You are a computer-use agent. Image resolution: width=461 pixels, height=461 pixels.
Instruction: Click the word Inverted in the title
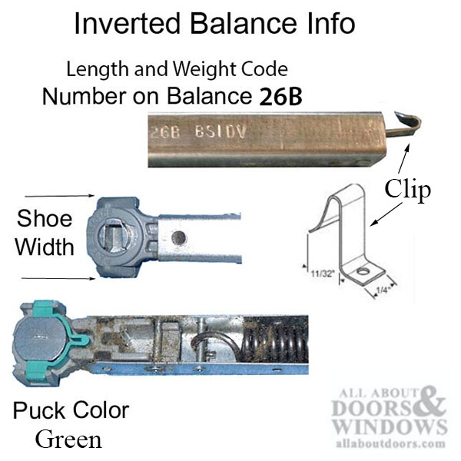[x=128, y=24]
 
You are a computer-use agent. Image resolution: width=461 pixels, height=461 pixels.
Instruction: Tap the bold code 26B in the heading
[x=280, y=97]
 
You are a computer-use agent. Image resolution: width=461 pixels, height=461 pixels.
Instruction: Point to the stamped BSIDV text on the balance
[x=221, y=132]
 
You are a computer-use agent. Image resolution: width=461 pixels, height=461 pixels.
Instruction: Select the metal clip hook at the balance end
[x=403, y=124]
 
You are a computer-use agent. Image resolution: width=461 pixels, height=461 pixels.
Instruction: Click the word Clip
[x=408, y=190]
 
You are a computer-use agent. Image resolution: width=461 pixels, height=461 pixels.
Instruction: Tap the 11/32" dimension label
[x=323, y=274]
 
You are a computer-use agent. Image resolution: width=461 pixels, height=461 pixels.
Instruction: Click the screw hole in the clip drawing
[x=363, y=271]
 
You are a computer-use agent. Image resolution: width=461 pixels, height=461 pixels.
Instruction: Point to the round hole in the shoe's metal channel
[x=179, y=237]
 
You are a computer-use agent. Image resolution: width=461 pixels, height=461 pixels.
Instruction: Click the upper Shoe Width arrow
[x=60, y=195]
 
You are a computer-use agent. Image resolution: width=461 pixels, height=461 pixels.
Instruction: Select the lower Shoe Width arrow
[x=58, y=278]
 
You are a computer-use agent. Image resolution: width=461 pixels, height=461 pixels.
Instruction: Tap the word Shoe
[x=45, y=219]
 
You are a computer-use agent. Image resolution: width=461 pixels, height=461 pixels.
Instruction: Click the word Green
[x=69, y=439]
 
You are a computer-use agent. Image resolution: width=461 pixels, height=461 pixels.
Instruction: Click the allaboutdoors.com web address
[x=390, y=443]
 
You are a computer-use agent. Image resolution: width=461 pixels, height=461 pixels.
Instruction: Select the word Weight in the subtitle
[x=204, y=69]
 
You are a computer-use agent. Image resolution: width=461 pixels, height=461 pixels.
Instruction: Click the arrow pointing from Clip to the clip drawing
[x=386, y=214]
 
